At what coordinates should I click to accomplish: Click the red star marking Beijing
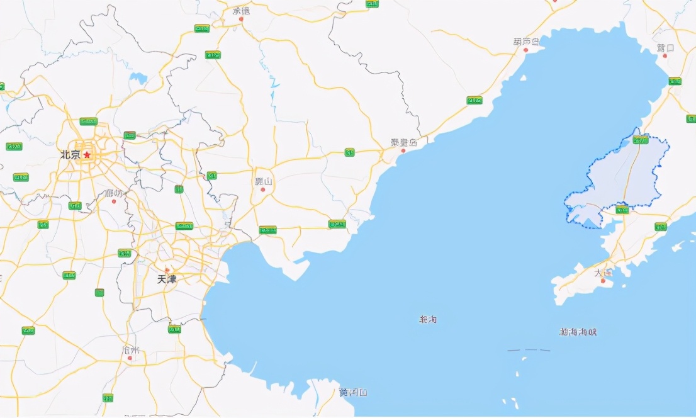(x=87, y=154)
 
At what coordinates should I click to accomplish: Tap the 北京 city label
(x=70, y=155)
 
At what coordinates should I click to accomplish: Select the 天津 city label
(x=167, y=279)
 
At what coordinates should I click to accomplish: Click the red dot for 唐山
(x=263, y=189)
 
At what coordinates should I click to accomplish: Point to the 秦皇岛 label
(x=403, y=142)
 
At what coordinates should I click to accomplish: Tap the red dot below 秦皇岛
(x=403, y=150)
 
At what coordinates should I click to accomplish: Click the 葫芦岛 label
(x=526, y=42)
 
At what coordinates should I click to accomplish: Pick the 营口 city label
(x=665, y=48)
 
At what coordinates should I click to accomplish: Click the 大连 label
(x=603, y=273)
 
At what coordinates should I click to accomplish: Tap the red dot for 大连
(x=603, y=281)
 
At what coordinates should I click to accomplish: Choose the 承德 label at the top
(x=241, y=11)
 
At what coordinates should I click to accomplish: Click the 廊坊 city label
(x=114, y=193)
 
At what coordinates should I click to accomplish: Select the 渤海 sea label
(x=428, y=320)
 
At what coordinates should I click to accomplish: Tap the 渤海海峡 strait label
(x=578, y=332)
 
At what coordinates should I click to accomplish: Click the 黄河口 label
(x=353, y=393)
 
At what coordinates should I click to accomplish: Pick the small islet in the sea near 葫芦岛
(x=523, y=78)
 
